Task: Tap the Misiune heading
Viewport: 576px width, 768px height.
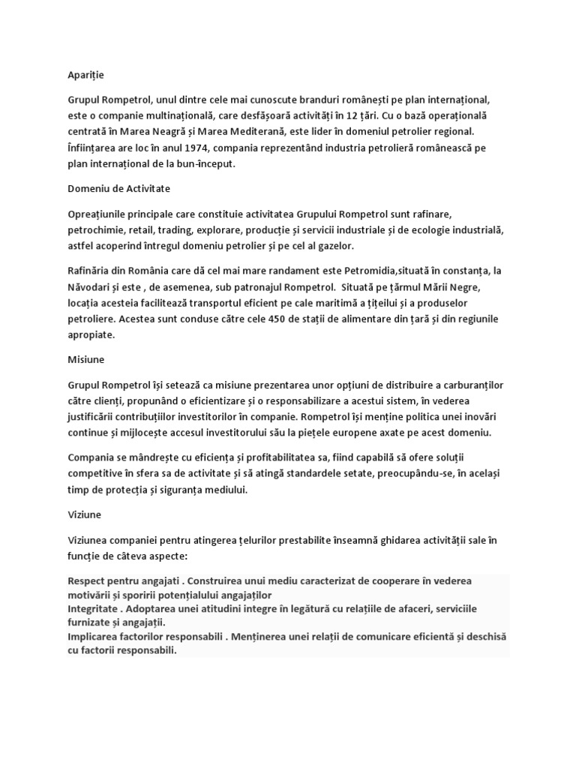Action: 86,359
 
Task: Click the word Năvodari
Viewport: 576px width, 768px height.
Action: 93,286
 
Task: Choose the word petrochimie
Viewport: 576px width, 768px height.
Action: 95,229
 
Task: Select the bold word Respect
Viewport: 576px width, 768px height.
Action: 88,581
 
